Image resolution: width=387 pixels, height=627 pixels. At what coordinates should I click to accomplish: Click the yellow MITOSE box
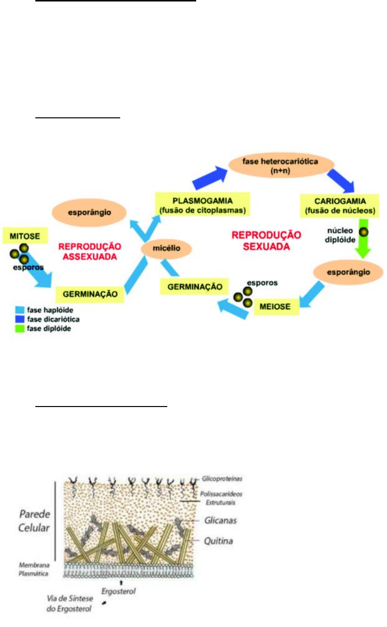[x=21, y=236]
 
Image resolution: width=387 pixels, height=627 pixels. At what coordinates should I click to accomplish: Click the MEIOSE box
[x=275, y=307]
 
